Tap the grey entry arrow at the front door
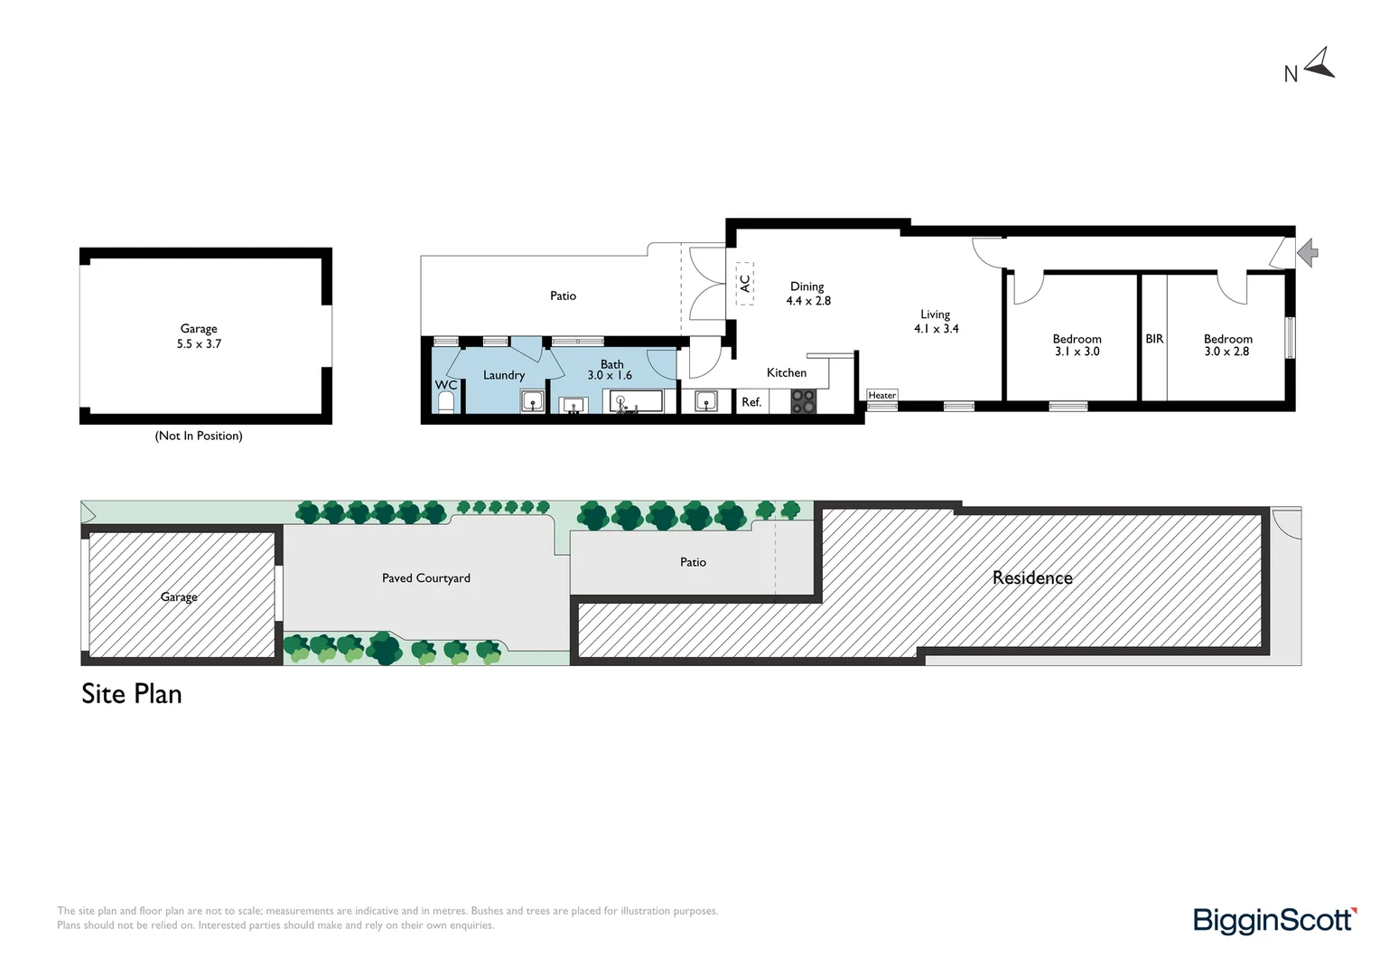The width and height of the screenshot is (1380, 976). tap(1308, 253)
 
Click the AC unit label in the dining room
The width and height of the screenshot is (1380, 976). tap(745, 284)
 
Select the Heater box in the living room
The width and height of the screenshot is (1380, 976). tap(882, 395)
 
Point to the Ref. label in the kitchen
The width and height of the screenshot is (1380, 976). tap(751, 402)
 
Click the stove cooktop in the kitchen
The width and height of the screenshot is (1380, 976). tap(804, 401)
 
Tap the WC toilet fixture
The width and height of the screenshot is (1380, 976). tap(445, 402)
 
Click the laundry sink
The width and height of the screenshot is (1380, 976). tap(532, 401)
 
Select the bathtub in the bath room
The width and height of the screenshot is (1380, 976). tap(636, 402)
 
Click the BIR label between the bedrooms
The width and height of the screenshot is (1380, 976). tap(1154, 339)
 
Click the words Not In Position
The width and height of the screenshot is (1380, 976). tap(199, 436)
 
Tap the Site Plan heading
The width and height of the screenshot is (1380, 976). tap(132, 694)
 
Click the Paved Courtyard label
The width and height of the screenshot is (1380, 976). tap(425, 578)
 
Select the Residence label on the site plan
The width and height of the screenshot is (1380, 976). tap(1032, 577)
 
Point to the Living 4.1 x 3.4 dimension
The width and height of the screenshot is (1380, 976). tap(936, 321)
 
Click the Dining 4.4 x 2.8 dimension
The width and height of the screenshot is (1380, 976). tap(807, 294)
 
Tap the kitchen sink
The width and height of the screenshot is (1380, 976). tap(705, 401)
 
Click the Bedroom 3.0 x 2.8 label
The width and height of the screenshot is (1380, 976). tap(1228, 344)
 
